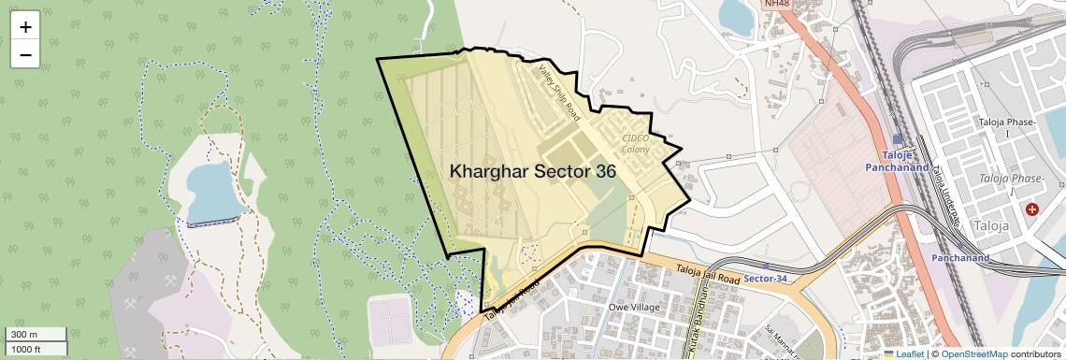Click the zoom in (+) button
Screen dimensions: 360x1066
coord(25,26)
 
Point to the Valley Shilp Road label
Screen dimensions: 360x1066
coord(559,90)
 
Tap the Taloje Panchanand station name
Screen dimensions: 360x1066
coord(905,161)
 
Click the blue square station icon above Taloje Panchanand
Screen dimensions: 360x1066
coord(898,138)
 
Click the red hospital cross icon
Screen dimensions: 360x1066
coord(1031,209)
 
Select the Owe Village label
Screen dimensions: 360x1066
coord(634,307)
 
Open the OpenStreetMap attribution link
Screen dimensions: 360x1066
coord(973,353)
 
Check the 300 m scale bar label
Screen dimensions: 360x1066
coord(22,335)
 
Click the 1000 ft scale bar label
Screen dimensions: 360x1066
coord(25,349)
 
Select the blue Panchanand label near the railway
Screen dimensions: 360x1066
coord(960,257)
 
